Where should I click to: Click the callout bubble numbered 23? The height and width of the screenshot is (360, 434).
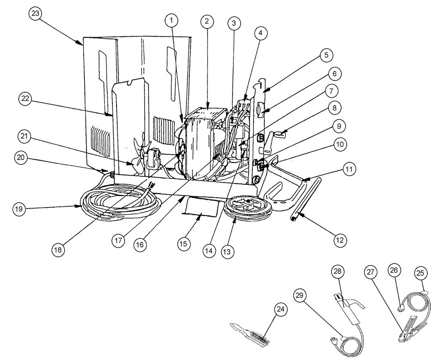(35, 13)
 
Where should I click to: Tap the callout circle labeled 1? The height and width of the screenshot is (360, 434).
(172, 21)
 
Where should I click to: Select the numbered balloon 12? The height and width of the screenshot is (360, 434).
(340, 240)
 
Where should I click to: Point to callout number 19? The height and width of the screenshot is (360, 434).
(18, 209)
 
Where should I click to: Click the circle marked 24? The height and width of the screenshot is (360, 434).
(281, 309)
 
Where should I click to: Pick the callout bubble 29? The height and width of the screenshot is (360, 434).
(300, 295)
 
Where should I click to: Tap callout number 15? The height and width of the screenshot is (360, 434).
(183, 244)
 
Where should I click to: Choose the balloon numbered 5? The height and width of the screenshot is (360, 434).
(326, 55)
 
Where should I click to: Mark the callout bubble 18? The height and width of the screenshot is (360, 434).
(58, 249)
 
